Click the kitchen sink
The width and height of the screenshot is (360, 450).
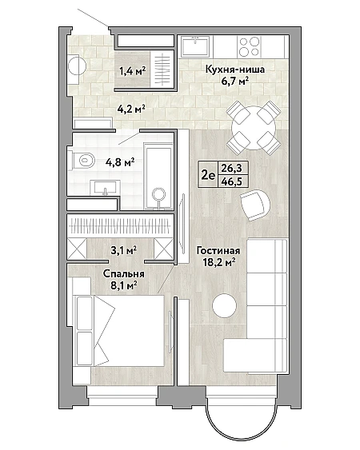click(196, 46)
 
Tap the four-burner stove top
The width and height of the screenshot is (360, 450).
click(249, 47)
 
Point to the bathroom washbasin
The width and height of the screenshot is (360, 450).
click(105, 187)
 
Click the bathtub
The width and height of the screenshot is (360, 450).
click(158, 175)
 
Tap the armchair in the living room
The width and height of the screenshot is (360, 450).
click(255, 204)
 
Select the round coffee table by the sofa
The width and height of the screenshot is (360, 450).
click(224, 305)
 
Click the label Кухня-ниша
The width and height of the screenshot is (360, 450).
click(234, 70)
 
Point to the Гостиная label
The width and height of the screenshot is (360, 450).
click(218, 250)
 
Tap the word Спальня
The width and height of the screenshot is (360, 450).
click(123, 274)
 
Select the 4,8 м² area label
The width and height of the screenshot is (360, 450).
click(120, 163)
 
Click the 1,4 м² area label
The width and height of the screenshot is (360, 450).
click(133, 70)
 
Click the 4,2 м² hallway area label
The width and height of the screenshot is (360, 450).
click(130, 109)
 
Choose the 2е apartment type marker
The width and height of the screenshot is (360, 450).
click(208, 175)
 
